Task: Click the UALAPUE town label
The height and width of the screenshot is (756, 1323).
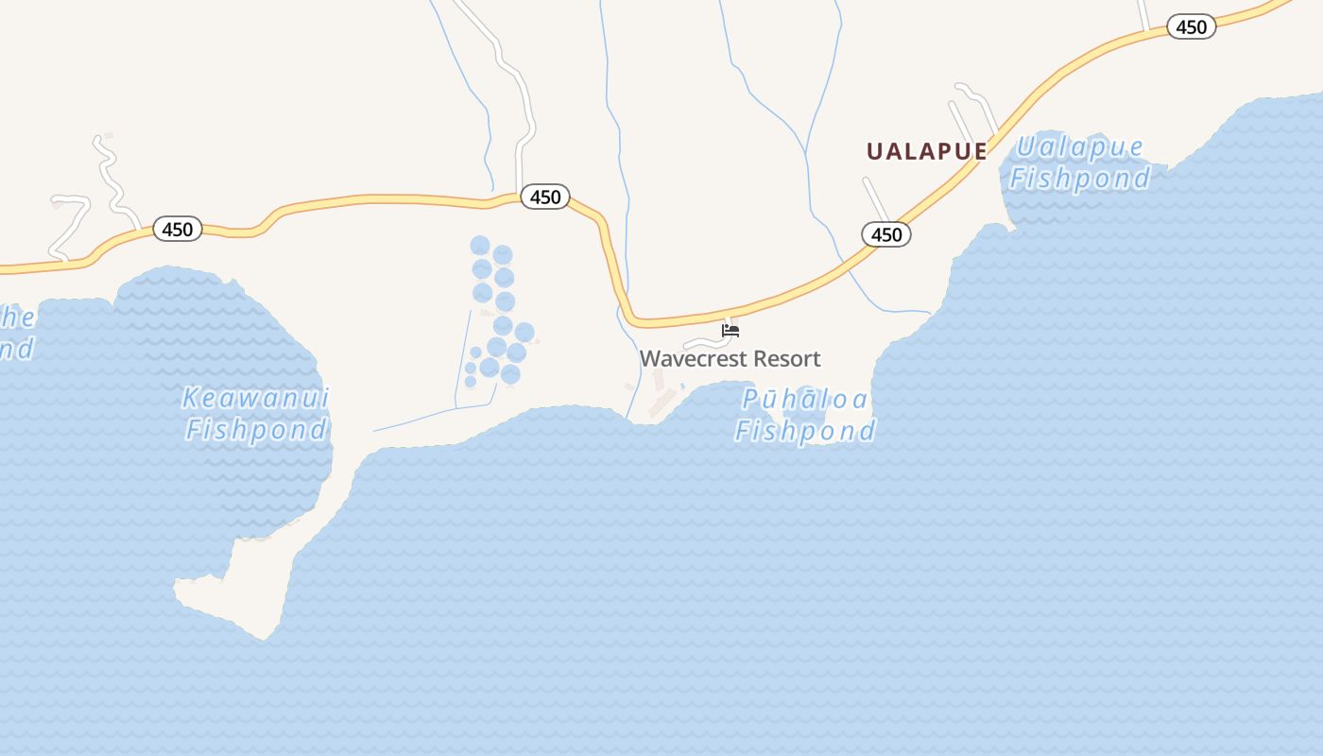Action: click(926, 151)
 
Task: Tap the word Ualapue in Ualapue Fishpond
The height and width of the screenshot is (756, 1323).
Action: click(1079, 147)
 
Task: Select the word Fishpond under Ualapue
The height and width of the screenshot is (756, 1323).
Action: click(1080, 178)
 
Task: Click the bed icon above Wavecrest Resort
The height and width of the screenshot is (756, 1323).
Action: click(730, 331)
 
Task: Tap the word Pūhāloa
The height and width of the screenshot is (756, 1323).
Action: click(804, 400)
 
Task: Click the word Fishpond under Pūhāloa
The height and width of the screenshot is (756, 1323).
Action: click(805, 432)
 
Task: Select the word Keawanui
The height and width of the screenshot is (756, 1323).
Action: click(255, 398)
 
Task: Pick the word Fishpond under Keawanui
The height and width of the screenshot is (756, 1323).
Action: click(256, 430)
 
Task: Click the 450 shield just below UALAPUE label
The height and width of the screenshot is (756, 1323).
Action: click(886, 234)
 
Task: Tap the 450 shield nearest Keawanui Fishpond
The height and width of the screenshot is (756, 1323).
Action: click(178, 229)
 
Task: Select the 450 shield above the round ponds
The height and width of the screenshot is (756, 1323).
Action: click(545, 197)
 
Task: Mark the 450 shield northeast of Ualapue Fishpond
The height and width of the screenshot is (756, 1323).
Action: click(1191, 26)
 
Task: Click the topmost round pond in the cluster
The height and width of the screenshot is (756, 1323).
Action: click(480, 246)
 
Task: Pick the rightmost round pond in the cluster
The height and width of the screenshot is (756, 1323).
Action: click(524, 333)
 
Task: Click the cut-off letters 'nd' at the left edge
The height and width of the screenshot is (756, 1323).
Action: click(15, 349)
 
